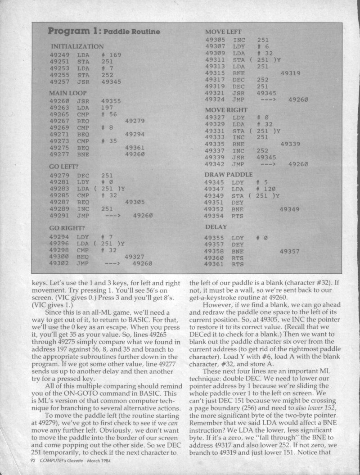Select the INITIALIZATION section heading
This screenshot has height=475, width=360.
click(77, 46)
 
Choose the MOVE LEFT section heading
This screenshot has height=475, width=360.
click(223, 32)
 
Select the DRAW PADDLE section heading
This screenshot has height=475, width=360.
click(229, 174)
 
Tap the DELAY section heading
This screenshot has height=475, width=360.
click(216, 227)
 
